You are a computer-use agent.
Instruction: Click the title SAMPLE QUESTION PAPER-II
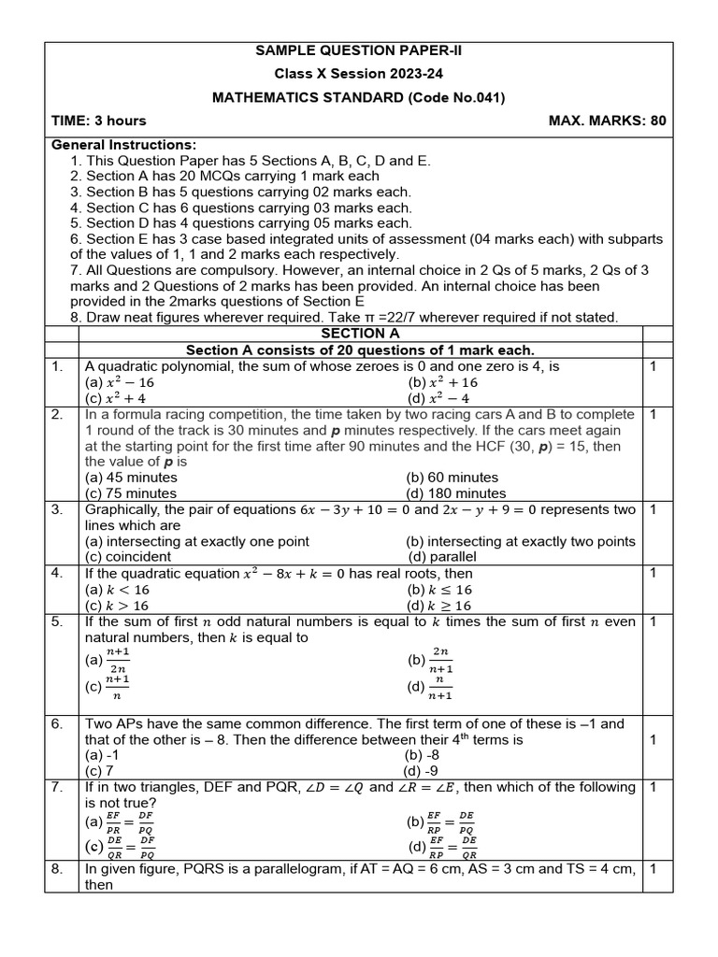(359, 50)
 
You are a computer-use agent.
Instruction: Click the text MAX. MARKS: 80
(607, 121)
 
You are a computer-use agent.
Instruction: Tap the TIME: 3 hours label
(99, 121)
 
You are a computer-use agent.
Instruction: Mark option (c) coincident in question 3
(128, 557)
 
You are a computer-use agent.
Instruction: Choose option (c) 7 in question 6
(99, 771)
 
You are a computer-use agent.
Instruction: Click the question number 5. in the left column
(58, 621)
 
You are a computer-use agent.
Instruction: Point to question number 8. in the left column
(58, 868)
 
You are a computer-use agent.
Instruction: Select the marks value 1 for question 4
(653, 573)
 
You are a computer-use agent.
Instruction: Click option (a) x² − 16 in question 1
(120, 382)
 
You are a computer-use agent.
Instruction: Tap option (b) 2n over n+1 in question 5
(430, 661)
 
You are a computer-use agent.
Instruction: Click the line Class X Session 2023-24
(359, 74)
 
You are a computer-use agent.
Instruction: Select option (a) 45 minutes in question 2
(131, 478)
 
